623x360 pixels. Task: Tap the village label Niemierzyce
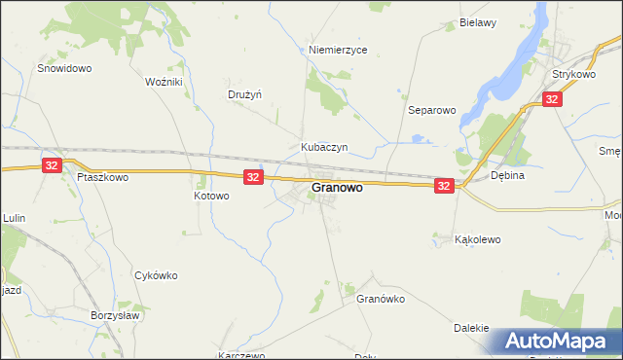337,50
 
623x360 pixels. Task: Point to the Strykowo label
573,74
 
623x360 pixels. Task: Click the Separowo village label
432,111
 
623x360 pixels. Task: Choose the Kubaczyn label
324,148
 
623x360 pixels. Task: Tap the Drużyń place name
246,94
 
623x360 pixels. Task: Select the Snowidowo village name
64,69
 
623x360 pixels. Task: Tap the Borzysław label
116,317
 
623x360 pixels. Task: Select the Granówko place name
381,299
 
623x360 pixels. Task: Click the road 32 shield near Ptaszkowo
53,166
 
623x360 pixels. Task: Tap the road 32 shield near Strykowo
552,99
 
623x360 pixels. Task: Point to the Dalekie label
471,328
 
